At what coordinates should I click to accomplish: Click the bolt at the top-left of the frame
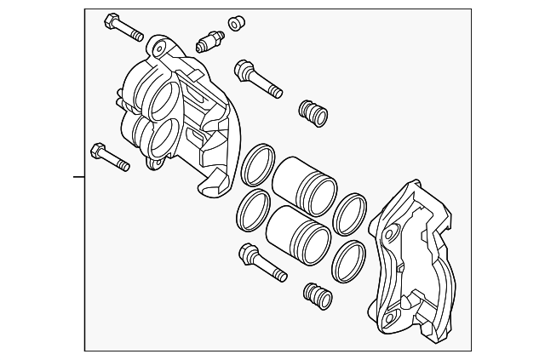[123, 26]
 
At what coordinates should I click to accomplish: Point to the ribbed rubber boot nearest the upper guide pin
[313, 111]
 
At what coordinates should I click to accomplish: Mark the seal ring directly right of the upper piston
[350, 215]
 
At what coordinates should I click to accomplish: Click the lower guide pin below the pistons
[261, 262]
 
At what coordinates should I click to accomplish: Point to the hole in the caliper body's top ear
[159, 45]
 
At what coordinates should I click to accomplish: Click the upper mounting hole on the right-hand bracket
[390, 233]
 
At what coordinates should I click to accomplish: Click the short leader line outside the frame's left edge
[78, 177]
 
